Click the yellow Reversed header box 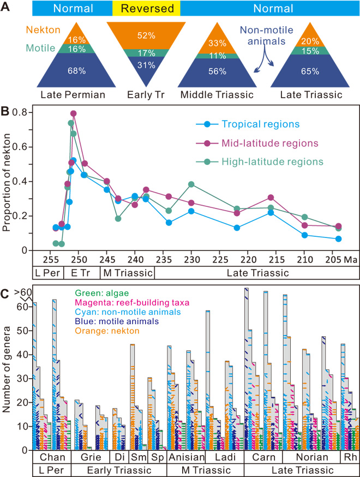146,9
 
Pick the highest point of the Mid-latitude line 73,113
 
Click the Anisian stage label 186,457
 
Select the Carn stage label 260,457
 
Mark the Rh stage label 349,457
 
